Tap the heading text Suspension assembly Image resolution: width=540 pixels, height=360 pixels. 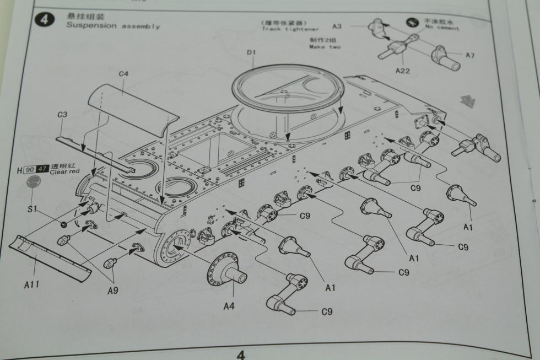tap(112, 26)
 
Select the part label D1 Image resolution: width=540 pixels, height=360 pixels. tap(252, 52)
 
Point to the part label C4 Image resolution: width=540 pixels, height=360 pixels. tap(123, 73)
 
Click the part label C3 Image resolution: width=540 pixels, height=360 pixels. tap(62, 115)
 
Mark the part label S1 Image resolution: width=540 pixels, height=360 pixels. tap(32, 210)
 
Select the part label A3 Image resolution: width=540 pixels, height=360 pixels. tap(337, 26)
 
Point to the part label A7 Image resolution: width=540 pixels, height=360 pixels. tap(470, 55)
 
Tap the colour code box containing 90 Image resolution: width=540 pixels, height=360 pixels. tap(30, 170)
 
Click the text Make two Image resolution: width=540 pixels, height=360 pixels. tap(325, 47)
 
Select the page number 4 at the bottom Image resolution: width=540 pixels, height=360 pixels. tap(241, 354)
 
